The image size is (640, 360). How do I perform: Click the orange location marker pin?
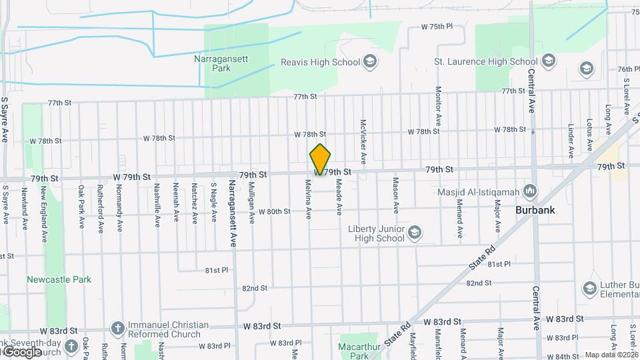click(321, 159)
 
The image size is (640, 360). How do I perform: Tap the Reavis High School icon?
click(371, 63)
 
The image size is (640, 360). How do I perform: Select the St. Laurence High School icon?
click(548, 62)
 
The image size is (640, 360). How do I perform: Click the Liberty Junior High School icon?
click(414, 233)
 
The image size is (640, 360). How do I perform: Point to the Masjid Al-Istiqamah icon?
click(531, 192)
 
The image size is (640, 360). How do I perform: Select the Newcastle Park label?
click(59, 279)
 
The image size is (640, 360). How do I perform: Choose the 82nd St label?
click(255, 288)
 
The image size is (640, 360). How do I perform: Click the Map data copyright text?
click(611, 355)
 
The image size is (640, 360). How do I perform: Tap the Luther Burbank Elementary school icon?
click(590, 288)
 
